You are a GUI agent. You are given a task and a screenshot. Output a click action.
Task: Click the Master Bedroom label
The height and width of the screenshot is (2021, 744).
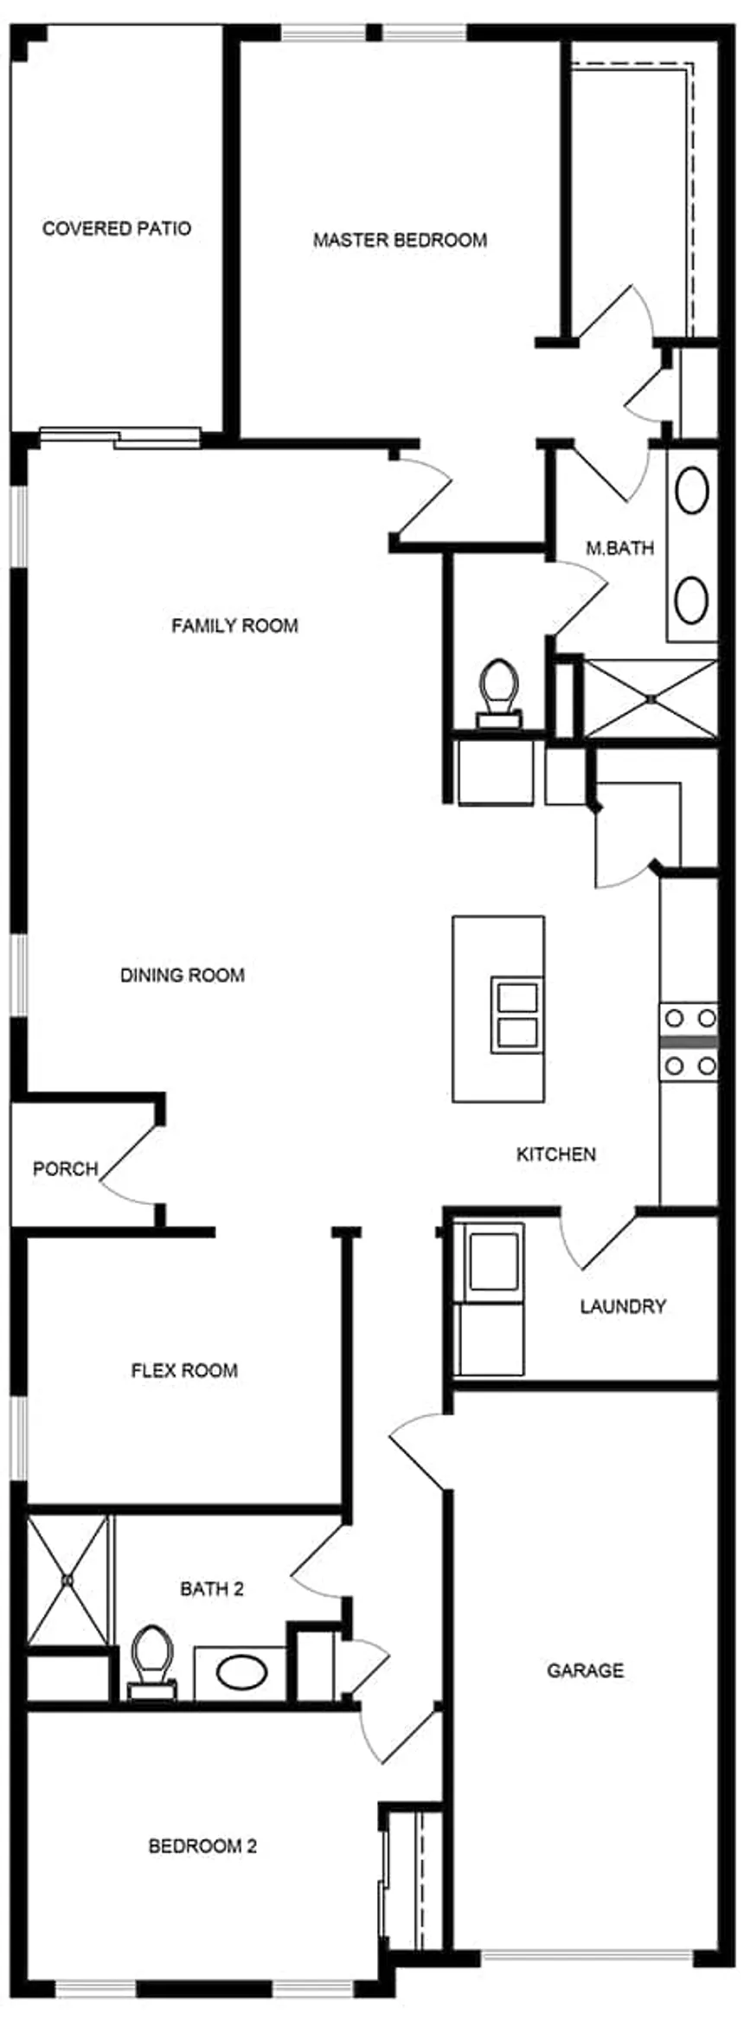[x=400, y=240]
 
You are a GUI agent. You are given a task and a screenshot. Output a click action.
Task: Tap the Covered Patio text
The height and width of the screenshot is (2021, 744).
[x=117, y=228]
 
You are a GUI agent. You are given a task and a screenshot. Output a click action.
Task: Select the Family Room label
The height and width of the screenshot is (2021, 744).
[x=234, y=625]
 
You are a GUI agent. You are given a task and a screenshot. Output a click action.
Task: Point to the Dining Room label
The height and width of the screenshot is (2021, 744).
[x=182, y=975]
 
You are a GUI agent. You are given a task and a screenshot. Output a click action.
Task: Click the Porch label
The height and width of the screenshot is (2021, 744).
[x=65, y=1169]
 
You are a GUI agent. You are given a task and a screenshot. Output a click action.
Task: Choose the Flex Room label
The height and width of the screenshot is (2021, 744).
[x=184, y=1370]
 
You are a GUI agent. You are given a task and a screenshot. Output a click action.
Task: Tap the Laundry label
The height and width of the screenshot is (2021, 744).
[x=623, y=1306]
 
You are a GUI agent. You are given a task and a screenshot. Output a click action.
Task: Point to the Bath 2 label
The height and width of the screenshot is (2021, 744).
[x=211, y=1589]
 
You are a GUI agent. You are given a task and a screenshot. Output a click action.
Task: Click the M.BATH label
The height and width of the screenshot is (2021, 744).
[x=619, y=548]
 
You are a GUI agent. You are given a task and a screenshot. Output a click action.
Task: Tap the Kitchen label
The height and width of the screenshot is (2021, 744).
[x=556, y=1154]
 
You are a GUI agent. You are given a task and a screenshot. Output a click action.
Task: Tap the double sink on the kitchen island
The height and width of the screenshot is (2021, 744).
[x=516, y=1014]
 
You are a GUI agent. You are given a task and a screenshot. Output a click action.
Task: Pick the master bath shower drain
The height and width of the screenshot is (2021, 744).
[x=651, y=698]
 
